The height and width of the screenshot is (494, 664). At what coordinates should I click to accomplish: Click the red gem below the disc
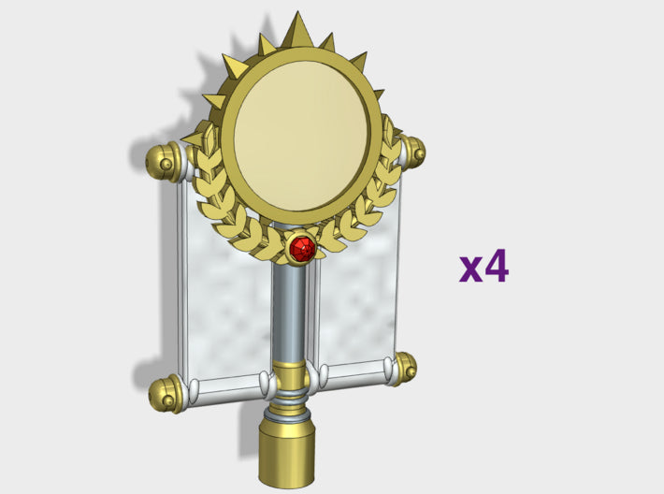point(301,248)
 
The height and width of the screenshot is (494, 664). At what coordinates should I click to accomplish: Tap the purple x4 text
point(484,266)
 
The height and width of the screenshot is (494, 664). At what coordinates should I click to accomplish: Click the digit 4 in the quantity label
point(496,266)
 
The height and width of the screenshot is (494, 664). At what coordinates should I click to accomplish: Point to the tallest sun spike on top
point(298,30)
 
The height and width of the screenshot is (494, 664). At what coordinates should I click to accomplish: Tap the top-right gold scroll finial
point(412,151)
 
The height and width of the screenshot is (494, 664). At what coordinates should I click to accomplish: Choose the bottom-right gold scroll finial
point(404,368)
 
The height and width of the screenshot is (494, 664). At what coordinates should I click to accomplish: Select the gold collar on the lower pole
point(290,377)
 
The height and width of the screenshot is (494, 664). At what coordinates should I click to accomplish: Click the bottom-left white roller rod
point(224,385)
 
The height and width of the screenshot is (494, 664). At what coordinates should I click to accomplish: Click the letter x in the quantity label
point(470,269)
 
